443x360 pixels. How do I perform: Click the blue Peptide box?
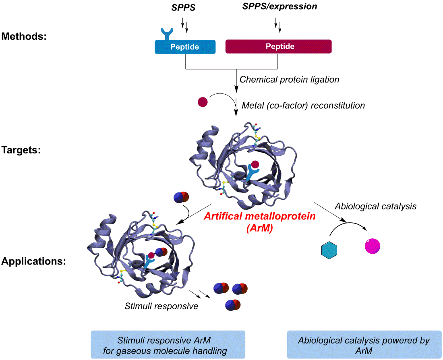point(185,47)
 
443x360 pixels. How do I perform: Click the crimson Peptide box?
point(278,46)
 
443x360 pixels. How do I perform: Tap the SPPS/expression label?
point(279,7)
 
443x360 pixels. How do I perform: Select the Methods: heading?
point(24,37)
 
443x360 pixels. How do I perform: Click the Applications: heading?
point(33,261)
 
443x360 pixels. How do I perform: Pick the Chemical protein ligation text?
point(289,79)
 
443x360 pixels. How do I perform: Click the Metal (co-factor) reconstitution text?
point(303,106)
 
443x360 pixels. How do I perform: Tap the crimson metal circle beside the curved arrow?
point(203,102)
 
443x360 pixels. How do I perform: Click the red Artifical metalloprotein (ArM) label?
point(259,221)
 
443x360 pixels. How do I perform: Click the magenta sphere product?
point(372,246)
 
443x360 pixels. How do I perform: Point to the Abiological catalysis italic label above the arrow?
point(375,206)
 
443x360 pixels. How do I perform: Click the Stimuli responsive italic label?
point(161,306)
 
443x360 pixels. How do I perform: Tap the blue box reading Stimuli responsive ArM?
point(168,345)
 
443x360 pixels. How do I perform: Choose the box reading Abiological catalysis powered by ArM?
point(364,345)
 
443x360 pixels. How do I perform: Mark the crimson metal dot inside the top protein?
point(255,164)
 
